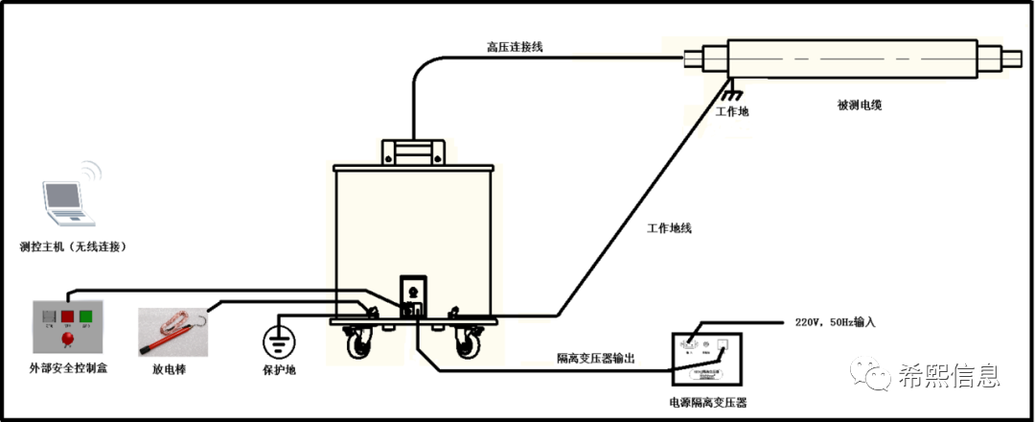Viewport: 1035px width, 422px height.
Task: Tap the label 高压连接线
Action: (515, 47)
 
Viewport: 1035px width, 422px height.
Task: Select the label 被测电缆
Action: (859, 105)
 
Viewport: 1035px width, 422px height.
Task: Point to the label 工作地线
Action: (670, 228)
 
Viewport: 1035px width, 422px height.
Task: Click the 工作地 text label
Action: (732, 112)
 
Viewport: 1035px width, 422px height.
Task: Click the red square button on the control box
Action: (68, 315)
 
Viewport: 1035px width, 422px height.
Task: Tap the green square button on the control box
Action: (85, 315)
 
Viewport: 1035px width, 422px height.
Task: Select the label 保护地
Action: (279, 370)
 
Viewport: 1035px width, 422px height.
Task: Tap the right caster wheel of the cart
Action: (469, 343)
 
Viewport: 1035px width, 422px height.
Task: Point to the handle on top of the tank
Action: (414, 152)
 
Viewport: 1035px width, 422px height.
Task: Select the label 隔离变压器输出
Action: (595, 358)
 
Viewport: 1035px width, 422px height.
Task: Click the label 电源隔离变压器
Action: (708, 403)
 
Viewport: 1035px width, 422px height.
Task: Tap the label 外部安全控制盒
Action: (68, 367)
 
